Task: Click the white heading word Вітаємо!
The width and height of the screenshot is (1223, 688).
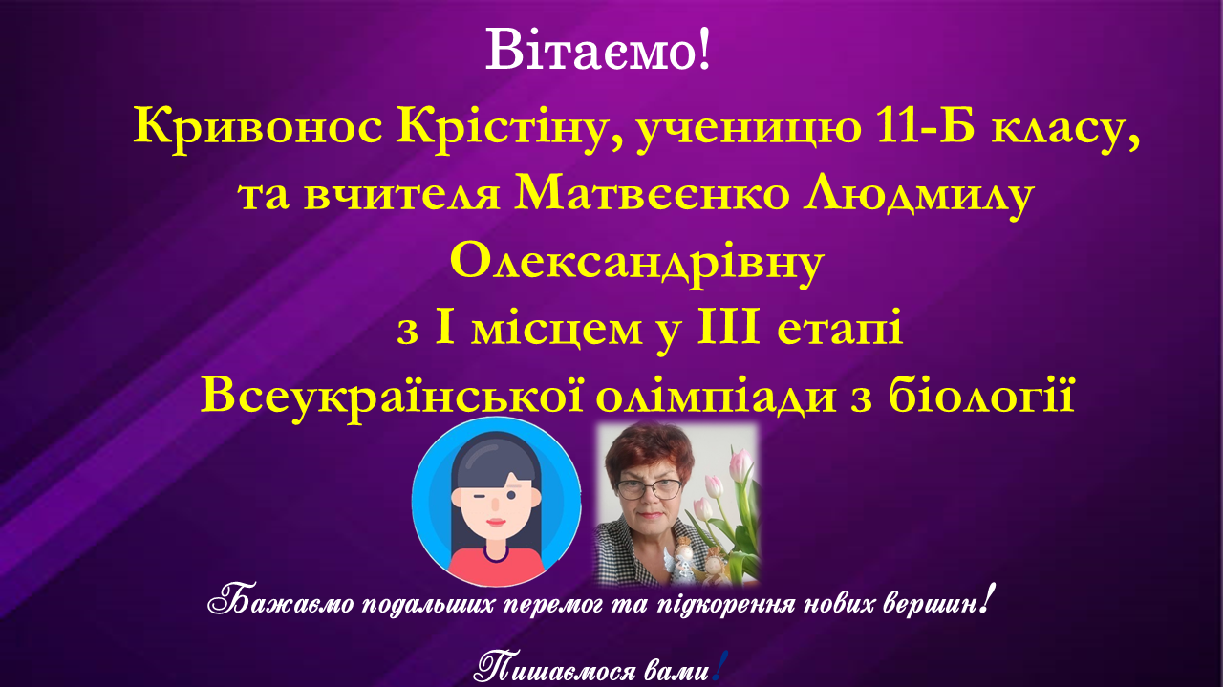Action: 598,50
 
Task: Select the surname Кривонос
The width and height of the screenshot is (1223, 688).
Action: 258,128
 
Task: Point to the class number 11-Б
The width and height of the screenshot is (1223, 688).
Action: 925,127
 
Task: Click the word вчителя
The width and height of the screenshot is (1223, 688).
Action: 402,195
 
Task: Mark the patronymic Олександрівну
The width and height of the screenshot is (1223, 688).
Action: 636,265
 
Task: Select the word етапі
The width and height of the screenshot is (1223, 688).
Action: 840,331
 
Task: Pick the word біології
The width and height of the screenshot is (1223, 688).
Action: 981,395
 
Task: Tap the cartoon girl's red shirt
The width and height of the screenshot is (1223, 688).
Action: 496,568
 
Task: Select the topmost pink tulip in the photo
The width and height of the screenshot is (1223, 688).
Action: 740,463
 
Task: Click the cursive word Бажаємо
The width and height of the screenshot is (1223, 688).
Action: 281,604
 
